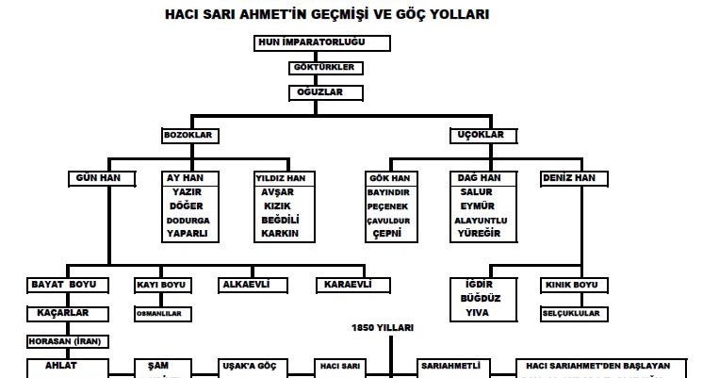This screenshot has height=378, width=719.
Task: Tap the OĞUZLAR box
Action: (314, 92)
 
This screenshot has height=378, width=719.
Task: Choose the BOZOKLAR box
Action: (191, 136)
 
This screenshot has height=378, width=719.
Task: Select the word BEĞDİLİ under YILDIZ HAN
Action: (281, 219)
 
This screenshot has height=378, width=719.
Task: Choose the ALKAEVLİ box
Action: (250, 284)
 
